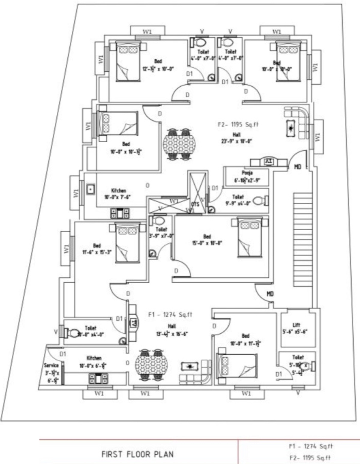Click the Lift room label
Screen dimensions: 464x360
coord(296,325)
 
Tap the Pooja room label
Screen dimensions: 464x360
coord(247,173)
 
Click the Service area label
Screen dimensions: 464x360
coord(51,365)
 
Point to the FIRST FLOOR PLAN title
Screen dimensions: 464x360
coord(137,454)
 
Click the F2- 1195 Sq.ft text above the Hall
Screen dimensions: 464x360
coord(238,124)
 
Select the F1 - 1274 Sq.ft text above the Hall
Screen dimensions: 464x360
coord(170,314)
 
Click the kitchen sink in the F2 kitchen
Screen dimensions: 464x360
coord(90,189)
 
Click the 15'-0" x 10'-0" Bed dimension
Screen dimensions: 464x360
coord(207,243)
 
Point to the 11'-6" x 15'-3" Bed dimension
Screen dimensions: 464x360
coord(97,252)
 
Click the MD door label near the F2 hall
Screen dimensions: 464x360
coord(297,167)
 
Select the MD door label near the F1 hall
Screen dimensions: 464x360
coord(270,294)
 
